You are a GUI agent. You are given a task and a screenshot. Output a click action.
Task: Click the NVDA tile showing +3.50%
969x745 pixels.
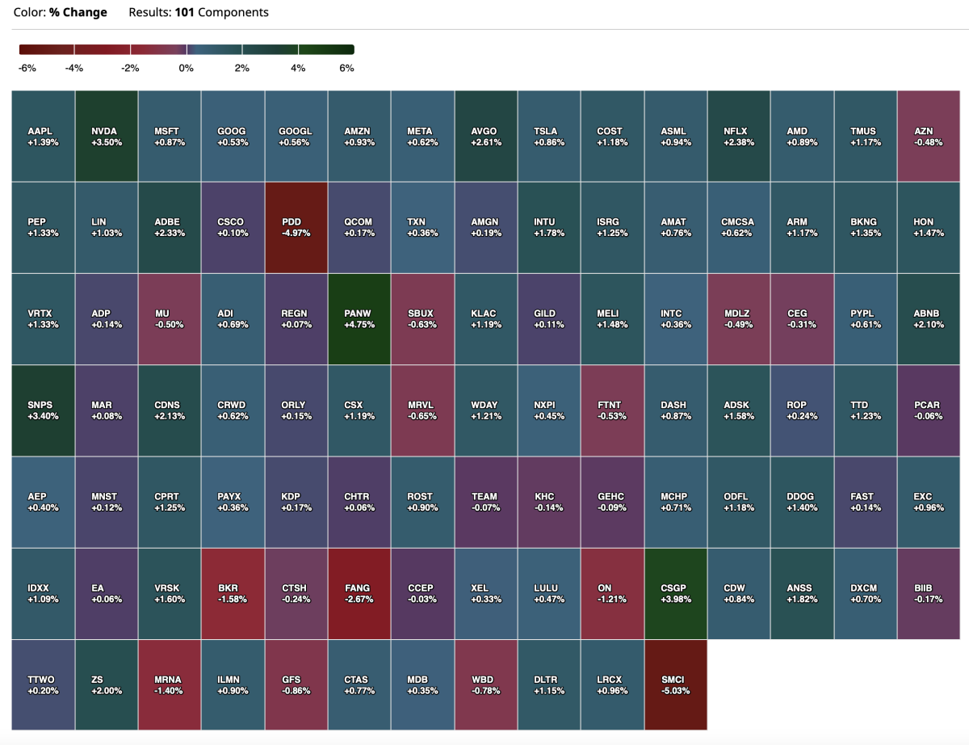pos(107,136)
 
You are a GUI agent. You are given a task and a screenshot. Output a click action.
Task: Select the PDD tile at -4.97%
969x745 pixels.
pos(296,227)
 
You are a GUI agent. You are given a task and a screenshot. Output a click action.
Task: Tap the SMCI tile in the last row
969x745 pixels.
pos(676,684)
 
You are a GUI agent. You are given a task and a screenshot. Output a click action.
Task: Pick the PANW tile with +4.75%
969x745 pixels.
pos(359,318)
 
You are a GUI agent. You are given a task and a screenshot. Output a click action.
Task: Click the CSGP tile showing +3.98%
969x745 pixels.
pos(676,593)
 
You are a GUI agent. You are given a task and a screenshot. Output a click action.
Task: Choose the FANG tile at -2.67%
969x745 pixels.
pos(359,593)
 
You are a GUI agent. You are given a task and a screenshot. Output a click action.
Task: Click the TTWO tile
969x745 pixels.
pos(43,684)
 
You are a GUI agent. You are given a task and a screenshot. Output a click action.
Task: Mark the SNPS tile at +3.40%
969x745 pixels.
pos(43,410)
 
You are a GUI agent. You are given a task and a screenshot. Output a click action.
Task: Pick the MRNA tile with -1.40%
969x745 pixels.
pos(170,684)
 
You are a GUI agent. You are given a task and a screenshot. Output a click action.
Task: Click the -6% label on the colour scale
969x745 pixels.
pos(27,69)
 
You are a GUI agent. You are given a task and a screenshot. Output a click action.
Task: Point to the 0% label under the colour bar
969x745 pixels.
pos(187,69)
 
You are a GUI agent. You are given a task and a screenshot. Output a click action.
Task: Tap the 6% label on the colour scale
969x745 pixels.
pos(346,69)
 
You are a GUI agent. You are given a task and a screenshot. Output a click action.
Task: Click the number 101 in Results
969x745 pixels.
pos(184,13)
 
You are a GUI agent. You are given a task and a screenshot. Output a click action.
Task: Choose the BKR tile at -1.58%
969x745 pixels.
pos(233,593)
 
